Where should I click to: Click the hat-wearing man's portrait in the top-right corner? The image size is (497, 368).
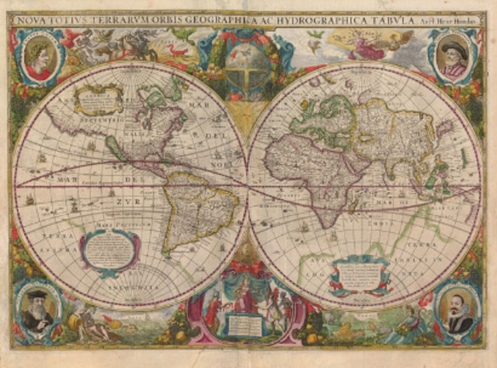pyautogui.click(x=454, y=59)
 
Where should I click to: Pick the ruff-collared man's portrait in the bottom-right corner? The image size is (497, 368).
pyautogui.click(x=458, y=310)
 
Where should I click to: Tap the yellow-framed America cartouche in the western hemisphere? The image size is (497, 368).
pyautogui.click(x=99, y=99)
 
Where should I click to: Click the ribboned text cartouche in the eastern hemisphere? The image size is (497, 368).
pyautogui.click(x=360, y=272)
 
